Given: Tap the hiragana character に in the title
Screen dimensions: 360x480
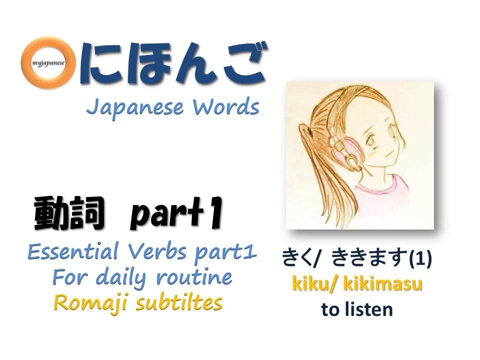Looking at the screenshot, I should click(x=100, y=64).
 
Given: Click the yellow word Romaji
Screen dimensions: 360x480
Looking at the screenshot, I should click(x=84, y=302).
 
